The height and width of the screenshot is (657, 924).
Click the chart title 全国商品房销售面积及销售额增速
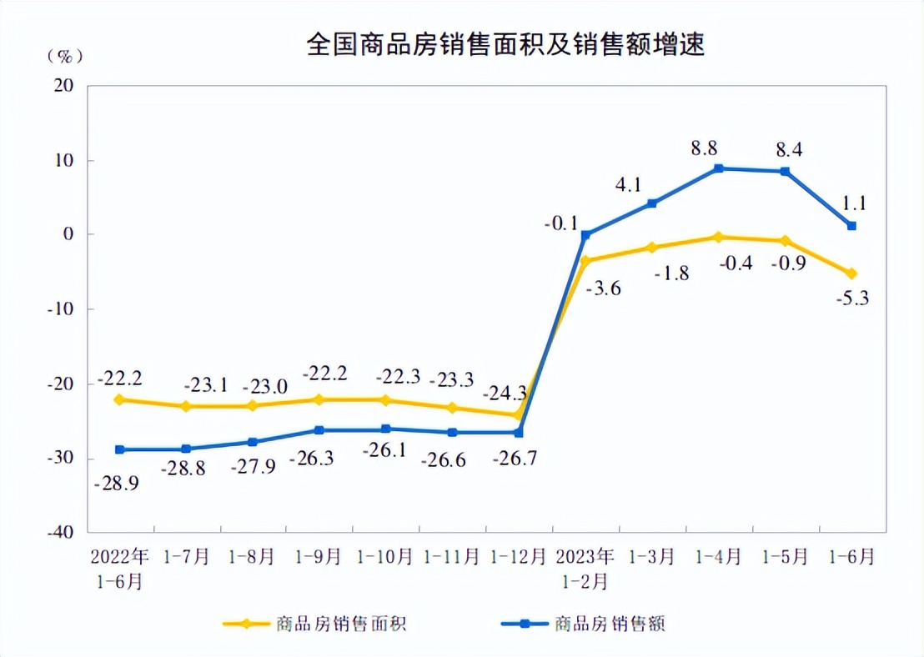coord(505,44)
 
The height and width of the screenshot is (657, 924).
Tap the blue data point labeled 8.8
coord(719,168)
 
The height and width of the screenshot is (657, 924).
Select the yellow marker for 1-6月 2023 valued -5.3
coord(851,273)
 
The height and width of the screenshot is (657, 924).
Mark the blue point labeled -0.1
coord(585,235)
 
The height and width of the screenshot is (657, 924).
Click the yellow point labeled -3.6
coord(585,261)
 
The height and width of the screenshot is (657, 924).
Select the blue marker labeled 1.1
coord(851,226)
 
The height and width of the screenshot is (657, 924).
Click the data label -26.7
coord(518,459)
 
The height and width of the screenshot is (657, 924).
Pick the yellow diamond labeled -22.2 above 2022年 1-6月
coord(119,399)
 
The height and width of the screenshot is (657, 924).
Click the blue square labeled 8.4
coord(785,172)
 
